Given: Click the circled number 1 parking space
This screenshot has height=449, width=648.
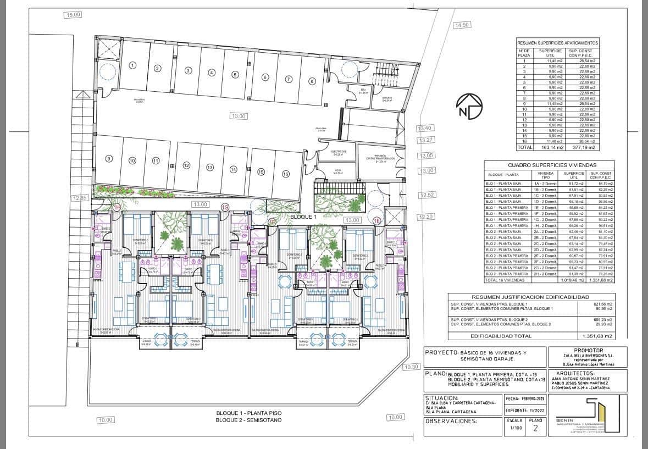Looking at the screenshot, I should click(x=132, y=65).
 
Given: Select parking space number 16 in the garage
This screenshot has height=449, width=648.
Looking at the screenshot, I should click(x=285, y=174).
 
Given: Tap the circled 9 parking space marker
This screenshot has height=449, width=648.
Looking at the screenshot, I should click(x=109, y=159).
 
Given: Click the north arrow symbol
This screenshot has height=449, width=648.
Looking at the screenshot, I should click(x=469, y=107).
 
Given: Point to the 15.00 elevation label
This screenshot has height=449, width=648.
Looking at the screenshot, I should click(x=73, y=15).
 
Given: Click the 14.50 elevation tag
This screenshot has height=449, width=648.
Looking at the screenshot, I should click(x=462, y=25).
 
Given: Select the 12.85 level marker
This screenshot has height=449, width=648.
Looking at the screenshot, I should click(x=80, y=198).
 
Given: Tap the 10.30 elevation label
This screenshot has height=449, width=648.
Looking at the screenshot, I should click(x=411, y=367).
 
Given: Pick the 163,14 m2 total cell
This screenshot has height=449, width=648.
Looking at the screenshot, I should click(x=550, y=147).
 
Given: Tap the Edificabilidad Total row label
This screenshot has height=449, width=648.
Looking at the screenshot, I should click(x=500, y=336).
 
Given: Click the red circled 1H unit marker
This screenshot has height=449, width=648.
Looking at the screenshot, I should click(x=117, y=207).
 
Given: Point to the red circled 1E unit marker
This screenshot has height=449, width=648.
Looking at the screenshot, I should click(x=392, y=221).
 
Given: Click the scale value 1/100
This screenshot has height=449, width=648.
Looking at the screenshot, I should click(x=516, y=428).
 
